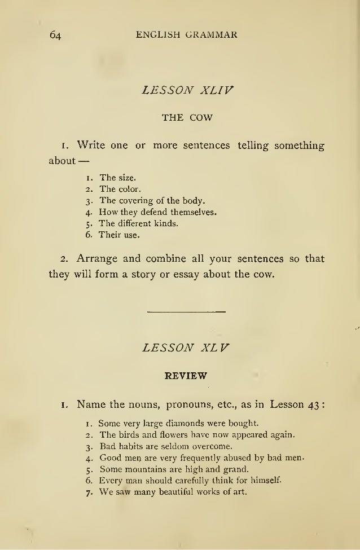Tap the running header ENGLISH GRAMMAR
click(x=187, y=34)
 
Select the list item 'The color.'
click(x=120, y=188)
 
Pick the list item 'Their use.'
click(x=118, y=235)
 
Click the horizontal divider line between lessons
click(x=186, y=311)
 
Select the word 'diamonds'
click(x=188, y=422)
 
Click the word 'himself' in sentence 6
click(x=264, y=481)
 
